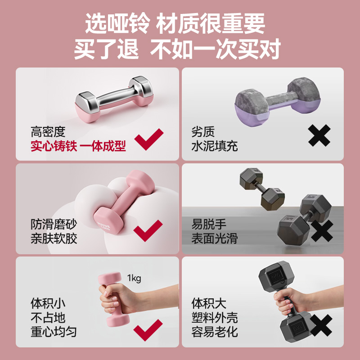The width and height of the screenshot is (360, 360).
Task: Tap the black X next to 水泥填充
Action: point(319,135)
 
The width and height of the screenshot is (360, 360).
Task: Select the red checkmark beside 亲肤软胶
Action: point(148,230)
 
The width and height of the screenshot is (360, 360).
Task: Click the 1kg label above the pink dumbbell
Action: point(134,278)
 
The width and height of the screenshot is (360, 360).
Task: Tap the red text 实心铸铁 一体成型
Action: point(78,146)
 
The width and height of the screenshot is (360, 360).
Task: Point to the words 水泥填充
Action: point(214,146)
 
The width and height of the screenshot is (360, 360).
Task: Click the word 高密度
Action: point(48,132)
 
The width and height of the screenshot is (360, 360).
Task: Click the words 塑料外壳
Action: point(214,318)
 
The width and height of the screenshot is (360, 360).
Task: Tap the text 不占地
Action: point(48,318)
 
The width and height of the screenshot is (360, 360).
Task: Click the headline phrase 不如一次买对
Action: point(216,49)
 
